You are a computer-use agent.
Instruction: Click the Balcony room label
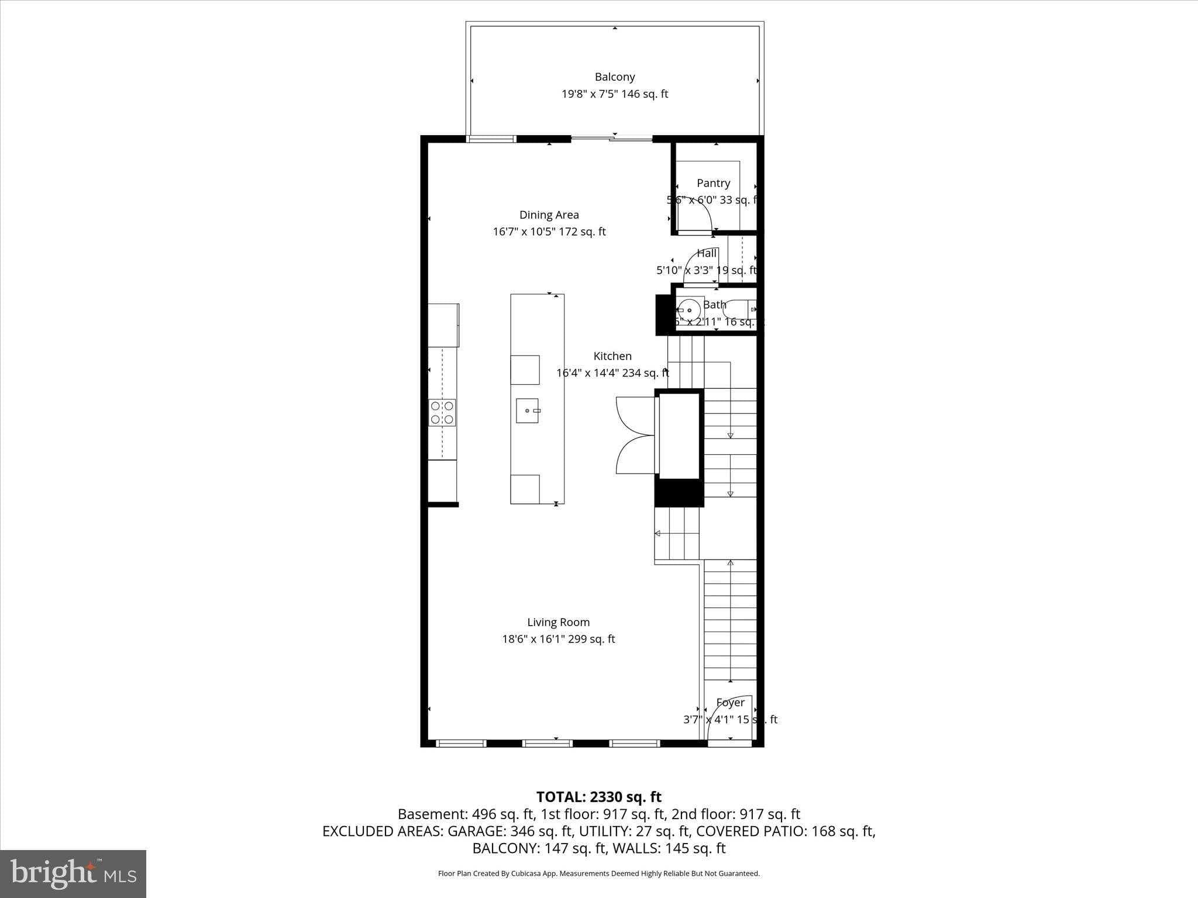pyautogui.click(x=614, y=77)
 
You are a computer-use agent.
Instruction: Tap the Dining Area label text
pyautogui.click(x=549, y=215)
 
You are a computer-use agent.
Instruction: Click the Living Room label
pyautogui.click(x=558, y=622)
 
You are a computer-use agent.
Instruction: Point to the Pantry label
pyautogui.click(x=713, y=183)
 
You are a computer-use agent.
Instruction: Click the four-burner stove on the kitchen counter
pyautogui.click(x=442, y=412)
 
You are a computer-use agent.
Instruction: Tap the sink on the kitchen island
pyautogui.click(x=528, y=410)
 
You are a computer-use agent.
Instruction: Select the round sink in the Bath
pyautogui.click(x=690, y=310)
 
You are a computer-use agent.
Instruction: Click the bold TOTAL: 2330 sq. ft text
pyautogui.click(x=598, y=797)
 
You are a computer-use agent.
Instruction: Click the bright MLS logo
pyautogui.click(x=73, y=873)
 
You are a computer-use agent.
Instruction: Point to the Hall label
pyautogui.click(x=707, y=253)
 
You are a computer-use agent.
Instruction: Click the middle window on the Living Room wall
pyautogui.click(x=548, y=743)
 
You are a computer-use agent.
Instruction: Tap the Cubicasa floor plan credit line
pyautogui.click(x=598, y=873)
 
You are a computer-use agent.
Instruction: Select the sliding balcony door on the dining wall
pyautogui.click(x=612, y=139)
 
